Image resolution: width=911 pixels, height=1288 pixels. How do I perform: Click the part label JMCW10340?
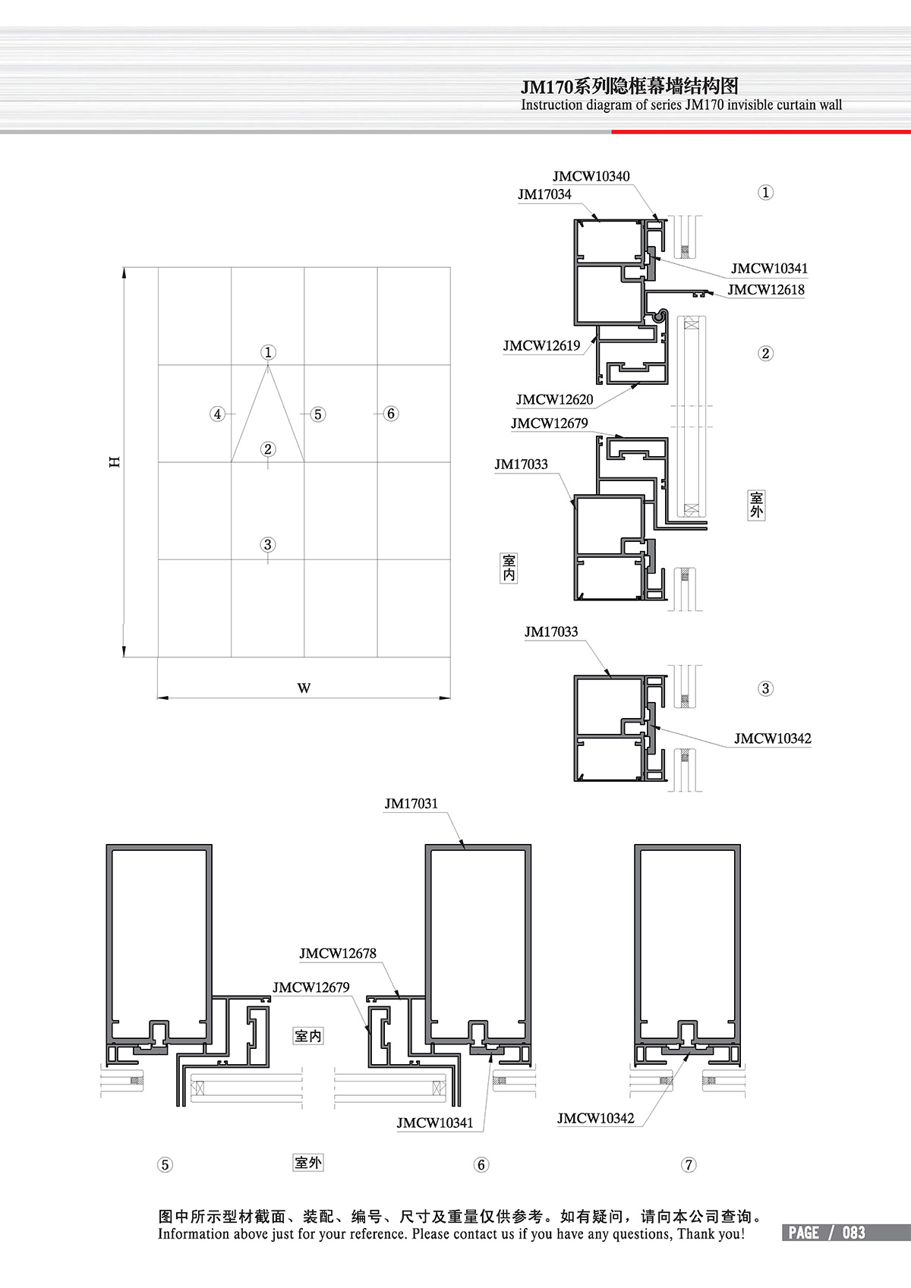coord(591,176)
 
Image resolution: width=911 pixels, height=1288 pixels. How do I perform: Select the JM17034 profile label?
coord(544,194)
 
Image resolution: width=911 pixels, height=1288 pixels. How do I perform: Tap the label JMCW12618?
coord(766,290)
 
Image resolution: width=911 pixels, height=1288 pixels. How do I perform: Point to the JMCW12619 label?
coord(541,345)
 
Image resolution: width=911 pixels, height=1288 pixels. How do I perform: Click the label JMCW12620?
coord(554,400)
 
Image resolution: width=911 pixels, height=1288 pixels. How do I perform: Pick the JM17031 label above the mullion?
coord(411,803)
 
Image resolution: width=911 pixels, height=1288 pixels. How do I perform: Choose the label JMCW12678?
coord(338,953)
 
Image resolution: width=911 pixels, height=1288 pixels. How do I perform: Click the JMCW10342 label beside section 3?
coord(772,738)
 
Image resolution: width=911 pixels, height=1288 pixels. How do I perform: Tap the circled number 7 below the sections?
coord(689,1165)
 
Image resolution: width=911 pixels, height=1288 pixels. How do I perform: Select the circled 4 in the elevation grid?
coord(217,414)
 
